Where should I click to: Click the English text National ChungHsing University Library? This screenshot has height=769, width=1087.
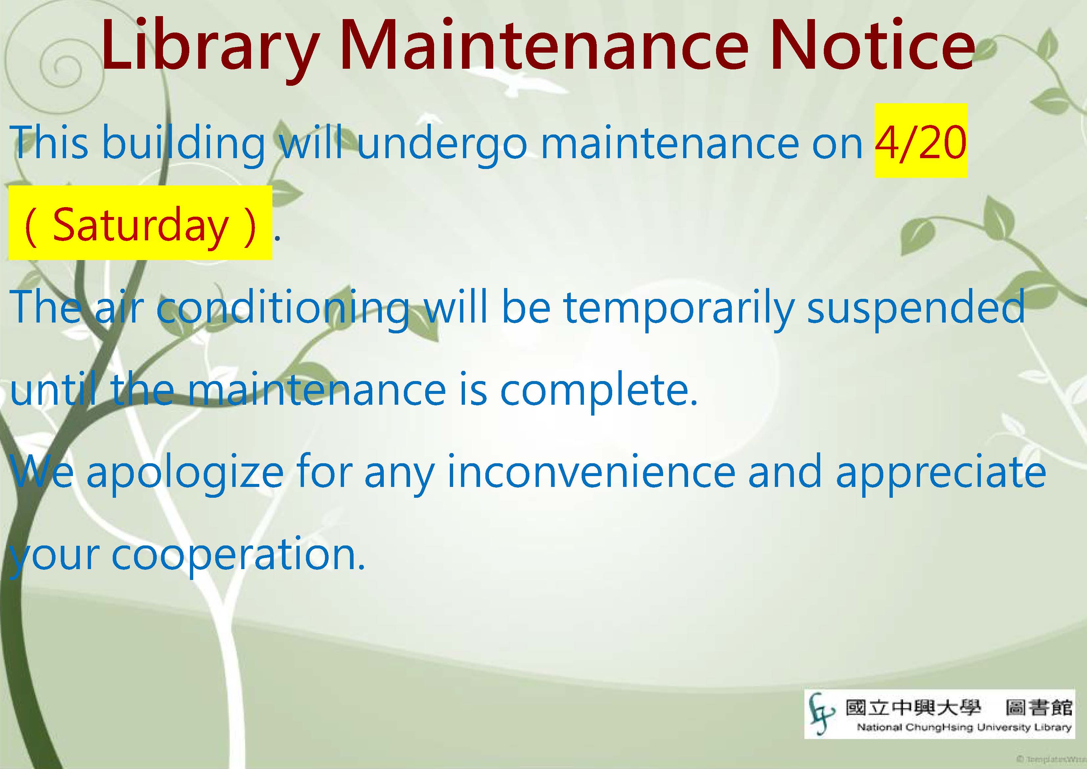click(x=964, y=727)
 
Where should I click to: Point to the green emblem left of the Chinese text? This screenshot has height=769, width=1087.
click(x=821, y=713)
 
